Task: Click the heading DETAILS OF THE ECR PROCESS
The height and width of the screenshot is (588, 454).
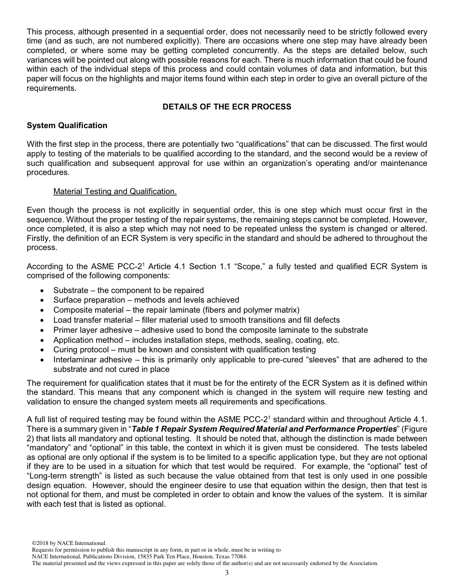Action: (x=227, y=107)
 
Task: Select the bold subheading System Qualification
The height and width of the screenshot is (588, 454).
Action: (x=67, y=125)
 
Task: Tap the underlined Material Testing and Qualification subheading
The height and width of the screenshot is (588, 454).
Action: (x=115, y=191)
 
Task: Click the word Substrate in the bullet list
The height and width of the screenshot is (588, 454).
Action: (x=71, y=290)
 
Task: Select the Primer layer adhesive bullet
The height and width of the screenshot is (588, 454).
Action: (x=210, y=330)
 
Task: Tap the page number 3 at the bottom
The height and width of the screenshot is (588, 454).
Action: (x=227, y=573)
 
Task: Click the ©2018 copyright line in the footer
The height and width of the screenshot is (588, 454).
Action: (x=69, y=543)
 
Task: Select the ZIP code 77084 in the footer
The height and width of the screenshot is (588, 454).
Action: (x=239, y=556)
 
